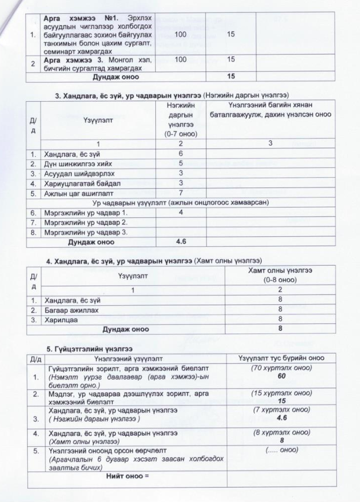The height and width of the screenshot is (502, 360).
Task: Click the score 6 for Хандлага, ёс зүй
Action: [180, 154]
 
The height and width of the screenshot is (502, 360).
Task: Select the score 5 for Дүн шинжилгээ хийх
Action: [180, 163]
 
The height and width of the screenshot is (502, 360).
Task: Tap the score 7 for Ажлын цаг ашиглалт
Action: [180, 193]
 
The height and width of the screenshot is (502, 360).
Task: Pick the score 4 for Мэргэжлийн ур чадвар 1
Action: [180, 213]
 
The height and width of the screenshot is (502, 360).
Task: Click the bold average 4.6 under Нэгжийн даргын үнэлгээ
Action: [180, 242]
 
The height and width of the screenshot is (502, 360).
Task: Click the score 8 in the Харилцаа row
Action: [279, 319]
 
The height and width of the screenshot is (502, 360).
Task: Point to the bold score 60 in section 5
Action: [282, 375]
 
